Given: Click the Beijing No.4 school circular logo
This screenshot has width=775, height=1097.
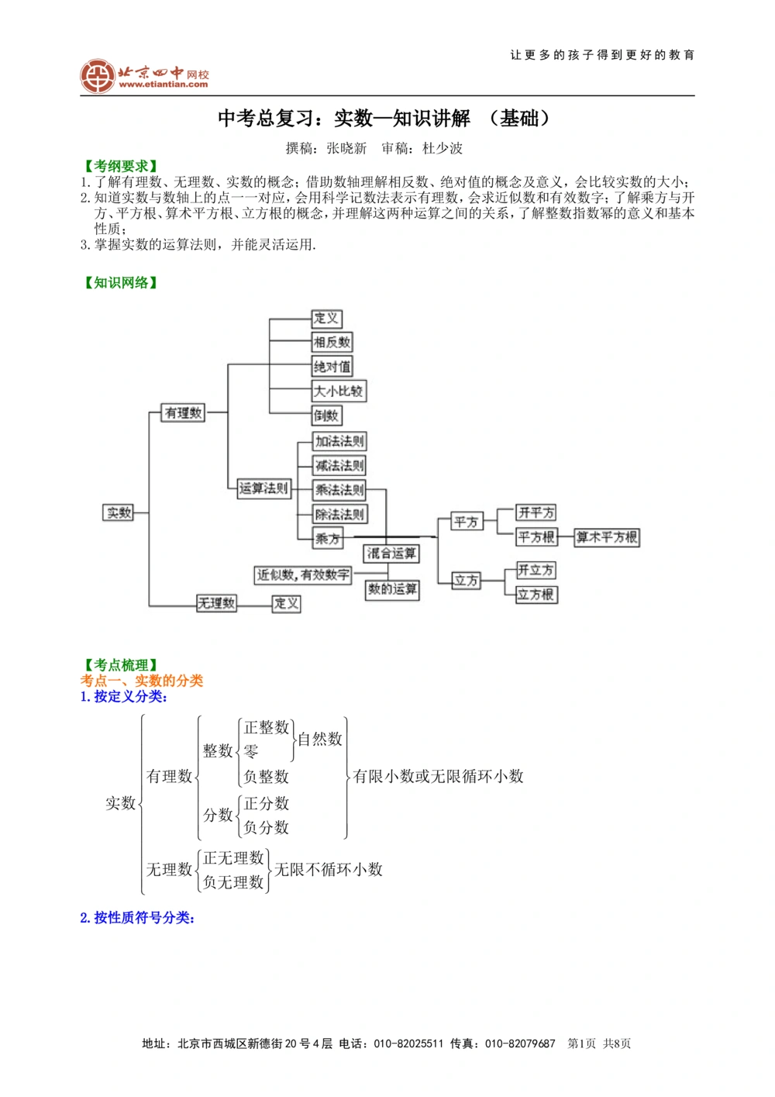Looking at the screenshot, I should tap(98, 76).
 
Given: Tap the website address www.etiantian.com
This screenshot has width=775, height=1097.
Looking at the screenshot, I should tap(164, 85).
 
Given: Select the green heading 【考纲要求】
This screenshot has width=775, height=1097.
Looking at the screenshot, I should tap(121, 166).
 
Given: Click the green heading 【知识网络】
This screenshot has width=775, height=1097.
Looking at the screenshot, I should tap(121, 282).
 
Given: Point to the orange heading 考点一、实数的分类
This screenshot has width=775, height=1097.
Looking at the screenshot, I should tap(142, 681).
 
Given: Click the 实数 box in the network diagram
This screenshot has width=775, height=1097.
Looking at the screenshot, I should tap(119, 512).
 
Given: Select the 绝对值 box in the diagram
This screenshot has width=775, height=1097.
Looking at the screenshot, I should tap(332, 367).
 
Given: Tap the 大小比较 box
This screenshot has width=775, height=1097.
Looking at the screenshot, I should tap(339, 392).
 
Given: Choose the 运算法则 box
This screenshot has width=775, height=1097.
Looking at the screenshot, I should tap(263, 488).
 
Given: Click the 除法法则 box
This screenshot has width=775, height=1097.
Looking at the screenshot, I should tap(339, 514).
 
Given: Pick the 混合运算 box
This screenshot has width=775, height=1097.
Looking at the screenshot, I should tap(391, 554).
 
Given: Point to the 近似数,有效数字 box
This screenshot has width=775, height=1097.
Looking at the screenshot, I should tap(304, 575).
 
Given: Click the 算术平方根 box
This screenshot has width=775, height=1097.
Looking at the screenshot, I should tap(607, 537).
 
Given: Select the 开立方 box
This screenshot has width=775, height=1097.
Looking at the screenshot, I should tap(536, 571).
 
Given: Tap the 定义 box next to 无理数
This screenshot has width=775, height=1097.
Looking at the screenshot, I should tap(286, 603).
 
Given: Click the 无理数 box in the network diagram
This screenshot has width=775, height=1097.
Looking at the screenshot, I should tap(216, 603).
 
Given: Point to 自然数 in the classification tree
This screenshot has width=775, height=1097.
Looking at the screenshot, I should tap(320, 740).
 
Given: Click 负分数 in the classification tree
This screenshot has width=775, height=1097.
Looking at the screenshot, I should tap(267, 828).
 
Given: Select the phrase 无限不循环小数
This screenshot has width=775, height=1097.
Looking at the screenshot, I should tap(329, 870).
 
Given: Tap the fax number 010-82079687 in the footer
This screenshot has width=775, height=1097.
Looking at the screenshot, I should tap(520, 1044).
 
